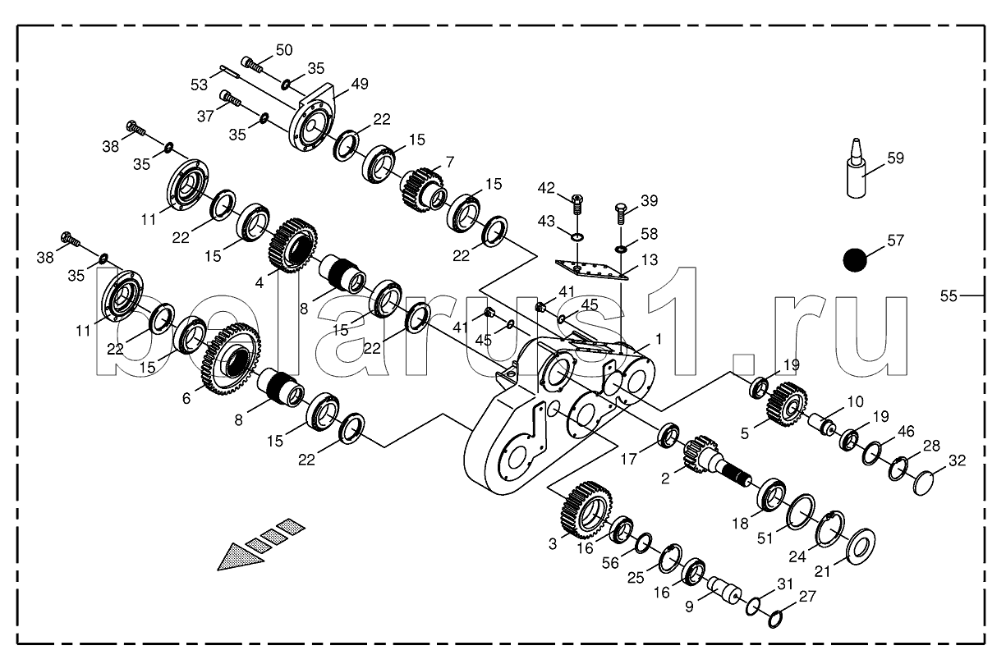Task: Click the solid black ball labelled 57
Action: (x=855, y=260)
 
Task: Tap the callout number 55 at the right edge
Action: (x=949, y=295)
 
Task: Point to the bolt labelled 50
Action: (x=252, y=64)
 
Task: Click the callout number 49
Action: (x=360, y=84)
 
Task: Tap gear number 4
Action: (x=294, y=246)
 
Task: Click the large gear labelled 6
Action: (x=232, y=359)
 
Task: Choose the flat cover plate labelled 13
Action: (x=591, y=269)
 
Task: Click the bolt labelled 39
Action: (x=621, y=214)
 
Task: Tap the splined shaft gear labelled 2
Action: (x=716, y=461)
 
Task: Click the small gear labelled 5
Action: (x=788, y=405)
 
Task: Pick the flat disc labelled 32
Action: (x=924, y=483)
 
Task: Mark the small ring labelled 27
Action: (x=776, y=619)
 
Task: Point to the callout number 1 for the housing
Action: (x=659, y=339)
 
